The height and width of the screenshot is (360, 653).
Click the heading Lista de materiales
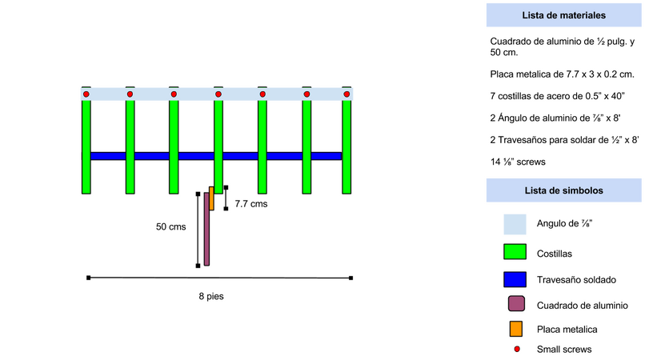[563, 15]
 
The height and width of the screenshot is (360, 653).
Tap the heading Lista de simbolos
[563, 190]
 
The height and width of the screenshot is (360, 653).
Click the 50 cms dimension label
[170, 227]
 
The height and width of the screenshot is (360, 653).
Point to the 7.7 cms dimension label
[250, 204]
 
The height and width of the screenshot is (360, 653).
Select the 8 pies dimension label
[211, 296]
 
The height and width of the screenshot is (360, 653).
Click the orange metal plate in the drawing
[211, 198]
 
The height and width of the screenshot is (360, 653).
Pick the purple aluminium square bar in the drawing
[206, 229]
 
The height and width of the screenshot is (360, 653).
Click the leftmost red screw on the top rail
[86, 94]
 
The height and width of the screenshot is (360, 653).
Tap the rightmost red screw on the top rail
[347, 94]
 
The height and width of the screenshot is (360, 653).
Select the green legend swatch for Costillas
[515, 252]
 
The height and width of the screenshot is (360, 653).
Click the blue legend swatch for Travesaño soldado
[515, 279]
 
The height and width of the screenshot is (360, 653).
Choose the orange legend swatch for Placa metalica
[516, 329]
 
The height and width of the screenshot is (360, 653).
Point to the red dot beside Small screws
[517, 349]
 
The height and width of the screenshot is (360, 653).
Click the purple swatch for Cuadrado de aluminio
[516, 304]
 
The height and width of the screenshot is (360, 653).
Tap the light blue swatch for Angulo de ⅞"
[515, 224]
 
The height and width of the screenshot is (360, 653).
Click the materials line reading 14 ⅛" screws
[518, 162]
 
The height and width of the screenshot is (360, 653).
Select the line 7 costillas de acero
[557, 96]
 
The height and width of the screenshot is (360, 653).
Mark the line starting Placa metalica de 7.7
[563, 74]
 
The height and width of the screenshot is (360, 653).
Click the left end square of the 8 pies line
[88, 278]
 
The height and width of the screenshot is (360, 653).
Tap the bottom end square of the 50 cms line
[198, 266]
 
